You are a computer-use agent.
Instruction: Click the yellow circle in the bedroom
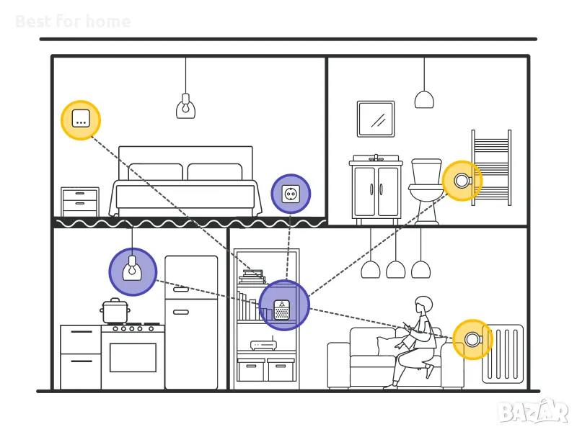[81, 120]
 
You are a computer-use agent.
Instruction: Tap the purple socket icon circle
[291, 194]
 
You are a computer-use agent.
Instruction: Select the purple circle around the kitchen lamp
[133, 271]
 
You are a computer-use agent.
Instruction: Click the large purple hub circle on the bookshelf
[283, 305]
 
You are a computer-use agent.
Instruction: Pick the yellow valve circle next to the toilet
[462, 181]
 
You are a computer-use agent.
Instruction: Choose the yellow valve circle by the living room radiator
[472, 339]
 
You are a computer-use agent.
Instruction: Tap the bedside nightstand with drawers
[80, 202]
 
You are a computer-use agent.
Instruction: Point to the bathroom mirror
[376, 119]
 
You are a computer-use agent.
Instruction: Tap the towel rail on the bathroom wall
[491, 167]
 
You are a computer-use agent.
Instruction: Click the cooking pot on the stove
[115, 311]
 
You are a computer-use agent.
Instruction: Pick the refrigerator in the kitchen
[191, 322]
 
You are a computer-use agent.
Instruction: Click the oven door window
[133, 357]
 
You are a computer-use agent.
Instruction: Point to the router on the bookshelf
[264, 344]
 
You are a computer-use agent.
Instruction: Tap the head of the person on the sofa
[423, 305]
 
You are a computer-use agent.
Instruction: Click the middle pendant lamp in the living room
[395, 269]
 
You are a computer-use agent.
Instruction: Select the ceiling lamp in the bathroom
[424, 99]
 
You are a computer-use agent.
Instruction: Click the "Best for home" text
[73, 22]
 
